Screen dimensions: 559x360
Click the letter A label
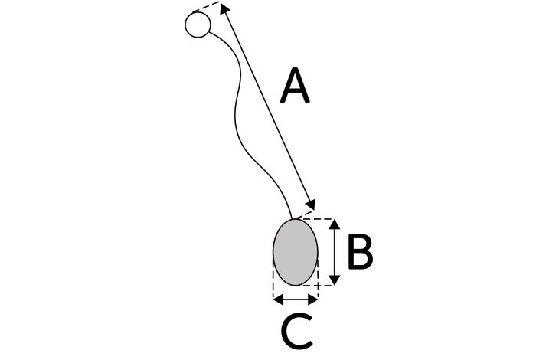coord(295,86)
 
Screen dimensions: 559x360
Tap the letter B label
coord(360,251)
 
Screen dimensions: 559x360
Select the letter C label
coord(297,331)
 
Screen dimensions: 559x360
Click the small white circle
coord(198,25)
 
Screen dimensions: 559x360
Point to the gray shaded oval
coord(295,252)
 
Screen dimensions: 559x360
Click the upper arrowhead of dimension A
coord(224,8)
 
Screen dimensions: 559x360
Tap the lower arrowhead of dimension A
coord(311,205)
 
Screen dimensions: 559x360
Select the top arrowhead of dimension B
coord(334,224)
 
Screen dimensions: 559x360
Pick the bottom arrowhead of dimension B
coord(334,280)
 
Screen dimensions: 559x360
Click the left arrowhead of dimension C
coord(278,299)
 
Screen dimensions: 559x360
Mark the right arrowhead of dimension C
coord(312,299)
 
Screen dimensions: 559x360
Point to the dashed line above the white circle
coord(206,7)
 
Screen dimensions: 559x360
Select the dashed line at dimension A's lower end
coord(304,214)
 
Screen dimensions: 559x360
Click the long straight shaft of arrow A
coord(267,106)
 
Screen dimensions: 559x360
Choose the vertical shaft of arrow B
coord(334,252)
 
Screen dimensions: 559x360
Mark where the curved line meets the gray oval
coord(293,219)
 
